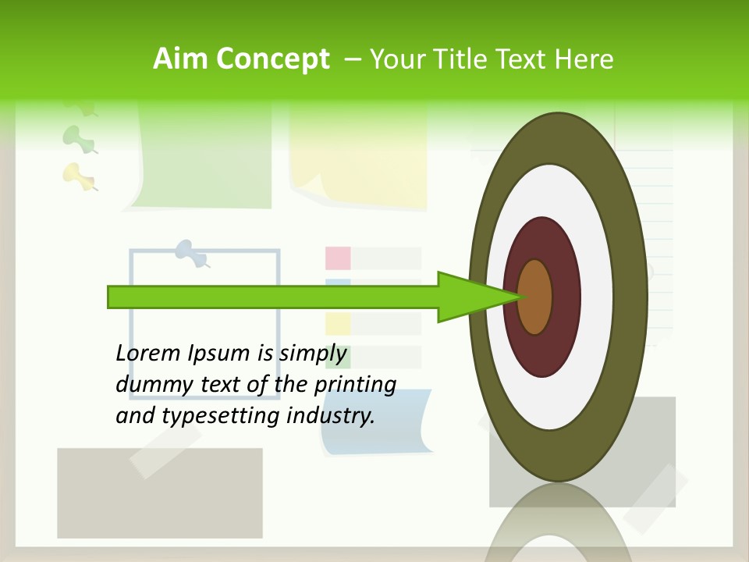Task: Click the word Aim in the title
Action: pyautogui.click(x=181, y=59)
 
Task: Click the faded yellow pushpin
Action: pyautogui.click(x=79, y=176)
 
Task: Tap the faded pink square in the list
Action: pyautogui.click(x=338, y=258)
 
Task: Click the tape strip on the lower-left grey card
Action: pyautogui.click(x=164, y=453)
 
